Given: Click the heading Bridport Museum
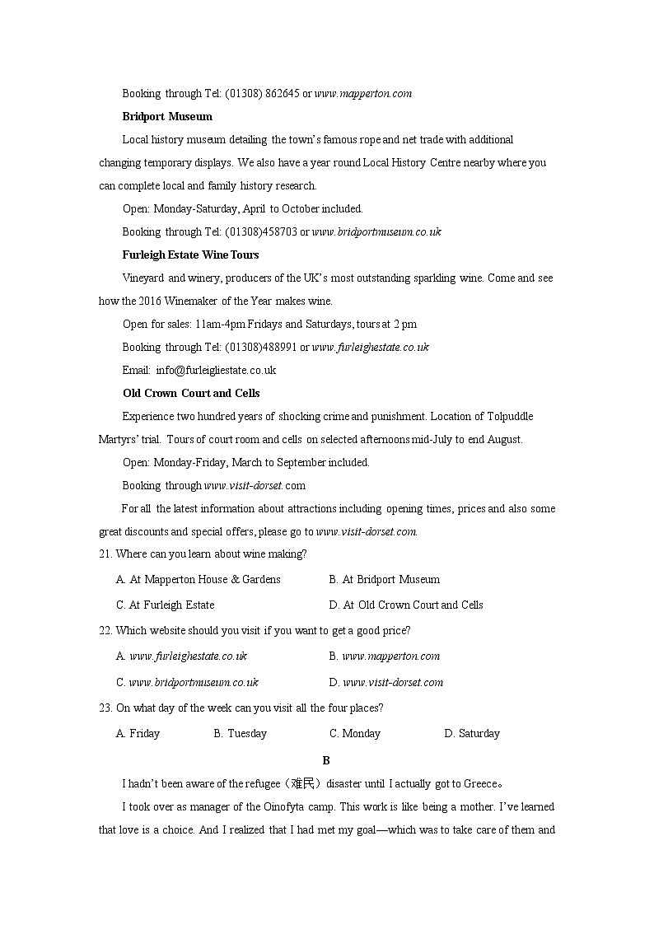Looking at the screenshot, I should coord(167,116).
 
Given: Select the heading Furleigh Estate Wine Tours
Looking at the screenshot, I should coord(191,255).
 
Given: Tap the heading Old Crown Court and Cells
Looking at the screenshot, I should coord(191,393).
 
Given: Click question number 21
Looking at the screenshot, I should coord(105,554).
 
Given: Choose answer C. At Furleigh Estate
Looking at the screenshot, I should coord(166,605).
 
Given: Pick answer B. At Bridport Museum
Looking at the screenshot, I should coord(384,579).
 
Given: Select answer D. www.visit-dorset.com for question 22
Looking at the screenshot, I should coord(386,682).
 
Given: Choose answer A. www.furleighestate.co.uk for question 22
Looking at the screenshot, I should coord(182,656).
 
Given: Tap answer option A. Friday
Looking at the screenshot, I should coord(138,733).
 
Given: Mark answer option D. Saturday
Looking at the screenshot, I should coord(472,733).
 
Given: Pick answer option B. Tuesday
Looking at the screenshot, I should coord(241,733).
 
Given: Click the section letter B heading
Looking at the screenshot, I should coord(326,760).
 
